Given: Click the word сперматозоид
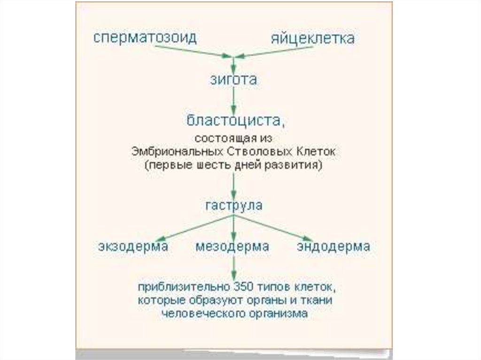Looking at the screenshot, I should point(145,38).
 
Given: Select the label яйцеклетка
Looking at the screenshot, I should point(312,38).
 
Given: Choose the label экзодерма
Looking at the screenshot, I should point(133,246).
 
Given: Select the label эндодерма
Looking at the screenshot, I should point(334,246).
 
